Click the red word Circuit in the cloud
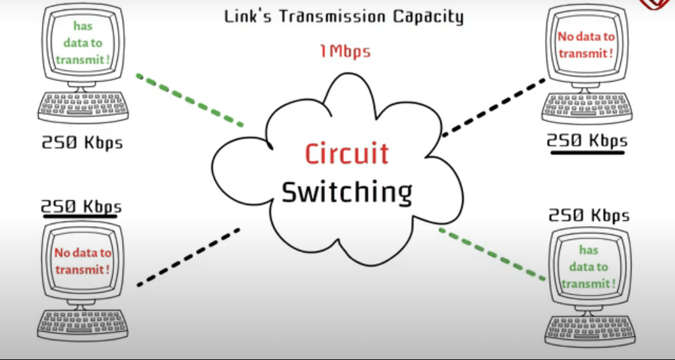[x=347, y=154]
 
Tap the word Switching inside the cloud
[x=347, y=192]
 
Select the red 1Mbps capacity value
[x=345, y=50]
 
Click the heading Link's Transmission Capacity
[x=343, y=16]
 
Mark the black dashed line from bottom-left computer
[x=189, y=257]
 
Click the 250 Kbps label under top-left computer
[x=82, y=142]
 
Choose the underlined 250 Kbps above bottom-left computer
[x=82, y=206]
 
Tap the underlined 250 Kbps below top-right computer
[x=587, y=140]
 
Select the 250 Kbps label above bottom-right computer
[x=589, y=216]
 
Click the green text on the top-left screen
[x=82, y=43]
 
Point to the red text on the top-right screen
[x=585, y=45]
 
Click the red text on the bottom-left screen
[x=82, y=261]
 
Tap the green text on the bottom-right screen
[x=588, y=267]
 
